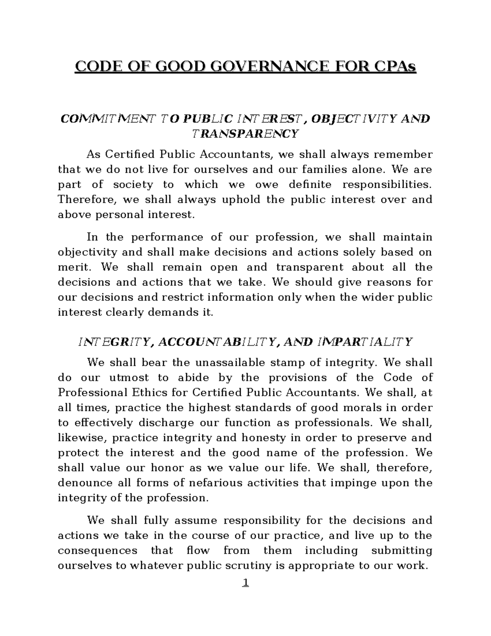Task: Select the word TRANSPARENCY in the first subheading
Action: (x=245, y=134)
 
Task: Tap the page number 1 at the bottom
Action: (x=245, y=583)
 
